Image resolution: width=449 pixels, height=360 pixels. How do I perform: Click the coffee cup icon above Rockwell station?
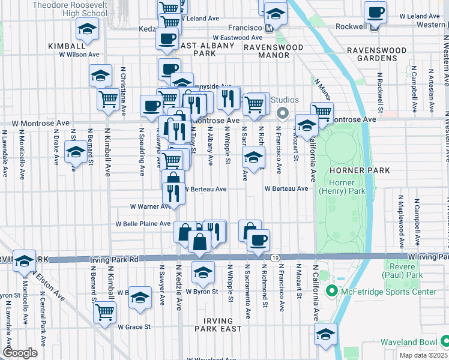pyautogui.click(x=375, y=11)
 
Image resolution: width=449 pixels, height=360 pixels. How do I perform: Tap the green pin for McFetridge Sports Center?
pyautogui.click(x=330, y=292)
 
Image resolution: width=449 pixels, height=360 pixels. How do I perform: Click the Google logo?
pyautogui.click(x=20, y=353)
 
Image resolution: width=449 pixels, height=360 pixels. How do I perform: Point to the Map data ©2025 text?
pyautogui.click(x=423, y=355)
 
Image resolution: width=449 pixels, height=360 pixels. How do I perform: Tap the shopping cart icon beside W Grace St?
pyautogui.click(x=105, y=312)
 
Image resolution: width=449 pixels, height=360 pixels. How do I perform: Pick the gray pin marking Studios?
pyautogui.click(x=281, y=112)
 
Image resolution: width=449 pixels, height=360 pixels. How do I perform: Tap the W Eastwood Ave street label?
pyautogui.click(x=238, y=37)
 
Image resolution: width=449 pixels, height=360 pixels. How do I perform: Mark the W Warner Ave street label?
pyautogui.click(x=151, y=206)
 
